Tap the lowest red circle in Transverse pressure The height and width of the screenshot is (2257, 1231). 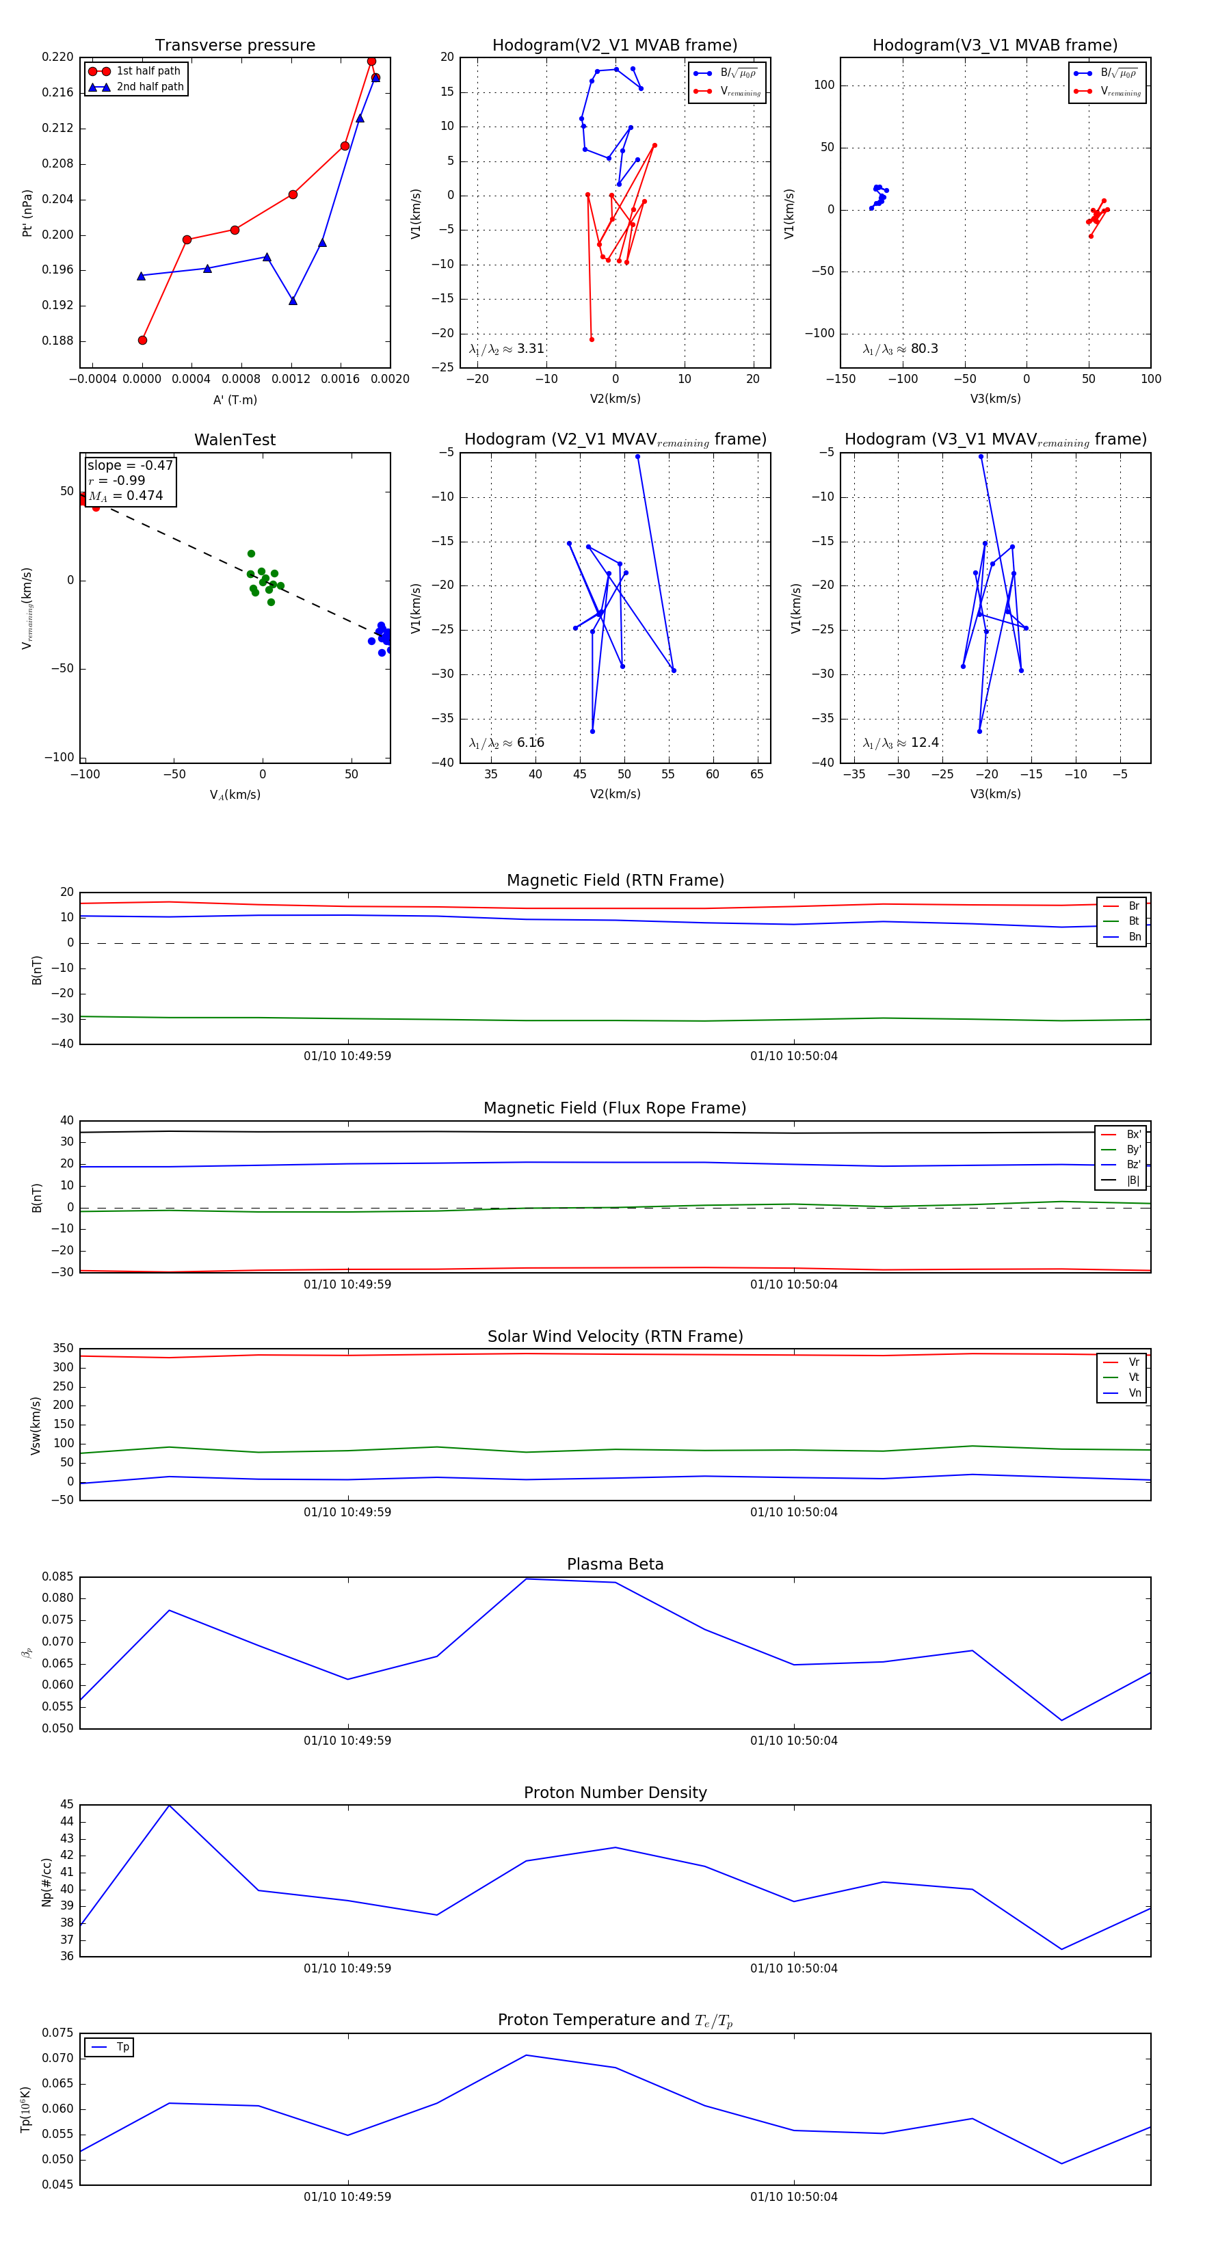point(143,340)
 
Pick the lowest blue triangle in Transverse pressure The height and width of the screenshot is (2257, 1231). point(293,300)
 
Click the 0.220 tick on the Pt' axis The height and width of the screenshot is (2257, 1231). point(58,57)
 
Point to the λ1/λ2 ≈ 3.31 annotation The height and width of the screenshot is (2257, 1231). point(506,349)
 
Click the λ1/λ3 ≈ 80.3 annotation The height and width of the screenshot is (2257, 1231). point(900,349)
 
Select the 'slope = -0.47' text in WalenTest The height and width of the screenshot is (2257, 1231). point(130,465)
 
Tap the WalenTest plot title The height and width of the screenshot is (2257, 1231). point(235,440)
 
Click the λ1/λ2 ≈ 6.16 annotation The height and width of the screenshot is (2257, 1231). point(506,743)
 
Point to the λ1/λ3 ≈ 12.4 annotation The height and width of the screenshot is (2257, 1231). point(901,743)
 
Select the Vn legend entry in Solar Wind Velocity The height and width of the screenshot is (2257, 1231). point(1134,1393)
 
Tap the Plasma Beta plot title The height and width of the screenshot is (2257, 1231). point(615,1565)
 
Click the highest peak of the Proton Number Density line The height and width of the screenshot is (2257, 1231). point(169,1806)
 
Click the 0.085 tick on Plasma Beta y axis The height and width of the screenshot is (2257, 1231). point(58,1577)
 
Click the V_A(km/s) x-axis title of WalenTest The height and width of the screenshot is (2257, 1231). point(235,795)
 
